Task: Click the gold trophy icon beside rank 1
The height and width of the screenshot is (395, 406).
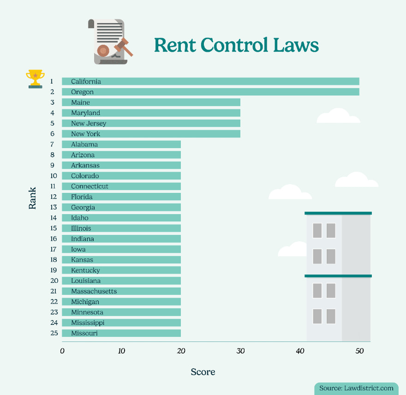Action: coord(36,78)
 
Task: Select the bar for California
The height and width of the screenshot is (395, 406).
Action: coord(210,81)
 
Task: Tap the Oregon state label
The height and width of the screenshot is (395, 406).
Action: coord(82,92)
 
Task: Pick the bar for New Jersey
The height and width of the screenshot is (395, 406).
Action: coord(151,123)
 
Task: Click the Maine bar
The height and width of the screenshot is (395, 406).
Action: coord(151,102)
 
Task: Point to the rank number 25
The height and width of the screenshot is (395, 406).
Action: coord(54,333)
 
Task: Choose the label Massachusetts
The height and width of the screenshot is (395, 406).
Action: coord(94,291)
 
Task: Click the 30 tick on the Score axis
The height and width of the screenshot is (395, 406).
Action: coord(240,351)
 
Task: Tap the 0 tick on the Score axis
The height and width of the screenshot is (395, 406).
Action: coord(62,351)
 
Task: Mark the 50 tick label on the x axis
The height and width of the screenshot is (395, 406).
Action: coord(359,351)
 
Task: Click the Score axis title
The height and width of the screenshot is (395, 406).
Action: coord(203,372)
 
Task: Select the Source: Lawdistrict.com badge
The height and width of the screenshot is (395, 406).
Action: coord(357,388)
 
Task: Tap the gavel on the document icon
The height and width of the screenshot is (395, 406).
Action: coord(124,47)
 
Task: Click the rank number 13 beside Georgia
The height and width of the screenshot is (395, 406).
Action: coord(54,207)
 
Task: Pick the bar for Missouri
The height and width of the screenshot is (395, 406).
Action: coord(121,333)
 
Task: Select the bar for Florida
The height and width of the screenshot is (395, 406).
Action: coord(121,197)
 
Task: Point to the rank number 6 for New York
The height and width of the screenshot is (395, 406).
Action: coord(53,134)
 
